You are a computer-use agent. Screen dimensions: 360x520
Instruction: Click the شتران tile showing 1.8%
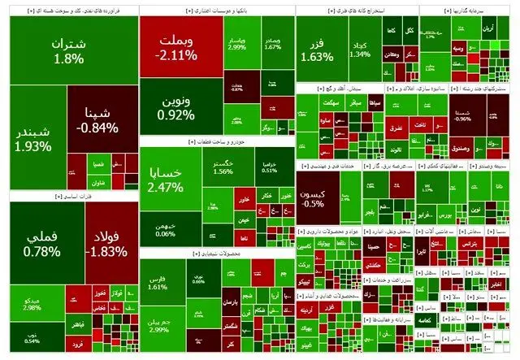[68, 50]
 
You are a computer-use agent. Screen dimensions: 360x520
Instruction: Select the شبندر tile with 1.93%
[33, 139]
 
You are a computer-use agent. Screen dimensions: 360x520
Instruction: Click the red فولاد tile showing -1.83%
[104, 244]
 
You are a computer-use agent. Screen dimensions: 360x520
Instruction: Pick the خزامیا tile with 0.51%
[269, 166]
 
